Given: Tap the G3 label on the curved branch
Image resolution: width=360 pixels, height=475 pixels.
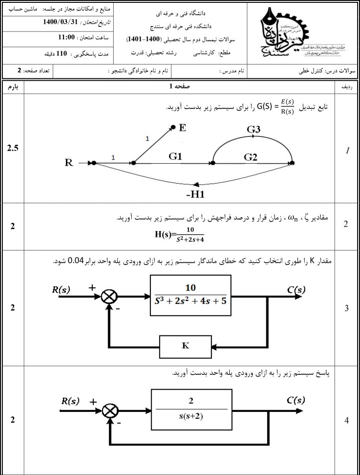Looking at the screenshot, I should [253, 129].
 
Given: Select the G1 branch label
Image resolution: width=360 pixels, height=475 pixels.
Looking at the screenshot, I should [175, 156].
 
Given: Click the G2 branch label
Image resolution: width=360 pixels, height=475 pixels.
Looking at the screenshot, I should [251, 157].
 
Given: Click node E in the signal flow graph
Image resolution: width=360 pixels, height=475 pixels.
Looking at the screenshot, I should [173, 127].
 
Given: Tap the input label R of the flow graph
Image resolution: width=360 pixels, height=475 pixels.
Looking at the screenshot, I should [69, 163].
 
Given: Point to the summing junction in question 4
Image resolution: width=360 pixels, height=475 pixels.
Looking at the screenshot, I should [110, 409].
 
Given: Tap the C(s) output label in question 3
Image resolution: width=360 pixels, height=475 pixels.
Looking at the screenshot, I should [296, 290].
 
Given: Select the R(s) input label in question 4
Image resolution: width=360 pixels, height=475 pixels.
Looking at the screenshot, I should [72, 401].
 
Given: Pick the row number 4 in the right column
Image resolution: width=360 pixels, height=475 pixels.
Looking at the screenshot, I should [347, 420].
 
